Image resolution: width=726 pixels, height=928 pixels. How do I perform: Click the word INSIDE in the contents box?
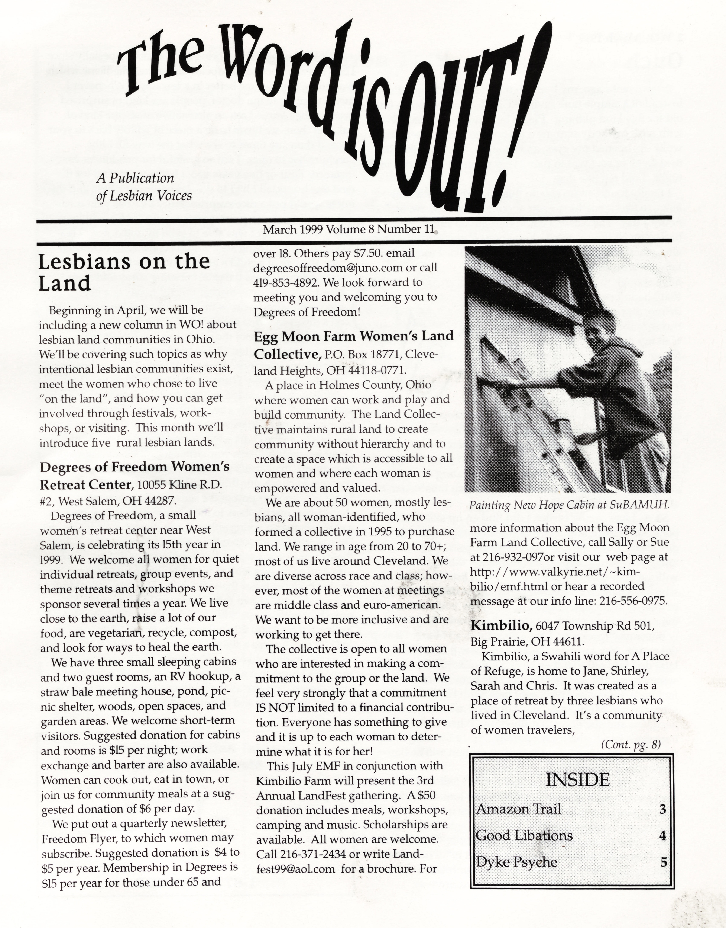(577, 780)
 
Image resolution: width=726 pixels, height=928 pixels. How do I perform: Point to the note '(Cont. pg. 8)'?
(631, 745)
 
